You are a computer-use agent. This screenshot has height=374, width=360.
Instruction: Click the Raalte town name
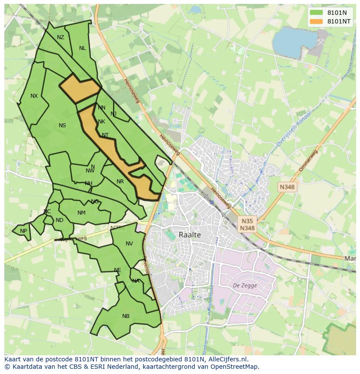coord(190,235)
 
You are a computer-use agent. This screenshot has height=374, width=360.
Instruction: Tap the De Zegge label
coord(245,285)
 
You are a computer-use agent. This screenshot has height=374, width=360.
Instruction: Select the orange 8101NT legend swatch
coord(316,21)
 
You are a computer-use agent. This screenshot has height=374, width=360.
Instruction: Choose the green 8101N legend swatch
coord(316,13)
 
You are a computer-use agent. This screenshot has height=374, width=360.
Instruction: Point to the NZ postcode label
coord(60,37)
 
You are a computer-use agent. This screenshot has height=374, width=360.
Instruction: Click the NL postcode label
coord(82,48)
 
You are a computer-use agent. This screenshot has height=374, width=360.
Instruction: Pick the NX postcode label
coord(34,96)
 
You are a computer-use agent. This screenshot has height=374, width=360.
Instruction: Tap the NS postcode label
coord(62,126)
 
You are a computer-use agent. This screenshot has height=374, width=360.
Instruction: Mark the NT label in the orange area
coord(105,135)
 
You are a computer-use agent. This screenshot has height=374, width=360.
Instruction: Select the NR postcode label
coord(120,182)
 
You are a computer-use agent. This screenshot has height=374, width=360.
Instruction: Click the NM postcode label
coord(81,213)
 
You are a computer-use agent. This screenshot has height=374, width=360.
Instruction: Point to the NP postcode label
coord(23,231)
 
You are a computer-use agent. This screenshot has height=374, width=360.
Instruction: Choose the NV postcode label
coord(129,244)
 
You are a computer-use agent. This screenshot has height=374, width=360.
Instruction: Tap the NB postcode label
coord(126,316)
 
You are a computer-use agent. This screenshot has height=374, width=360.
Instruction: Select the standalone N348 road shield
coord(287,187)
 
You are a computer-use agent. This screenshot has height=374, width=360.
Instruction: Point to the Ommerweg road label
coord(308,161)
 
